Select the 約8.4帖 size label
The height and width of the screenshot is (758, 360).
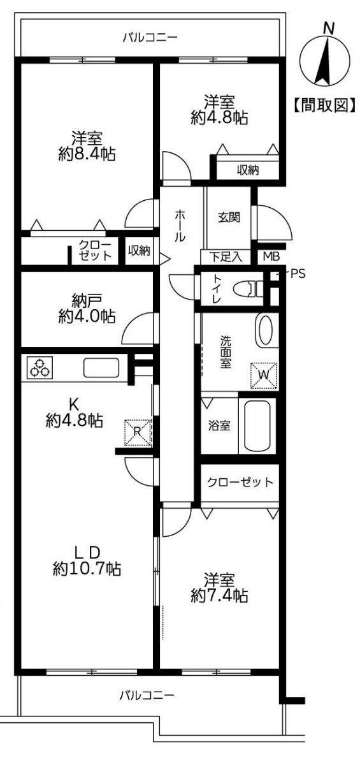coord(87,154)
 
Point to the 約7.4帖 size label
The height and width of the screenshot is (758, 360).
coord(219,596)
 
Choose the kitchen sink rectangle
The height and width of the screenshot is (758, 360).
coord(101,368)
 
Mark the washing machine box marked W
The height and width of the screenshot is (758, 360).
coord(264,375)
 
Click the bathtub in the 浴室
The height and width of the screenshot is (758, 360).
coord(257,425)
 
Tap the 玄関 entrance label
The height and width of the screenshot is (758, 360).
coord(229,217)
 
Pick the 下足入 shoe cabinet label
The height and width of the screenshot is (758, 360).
coord(227,257)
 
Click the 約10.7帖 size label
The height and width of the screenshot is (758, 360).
coord(87,568)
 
